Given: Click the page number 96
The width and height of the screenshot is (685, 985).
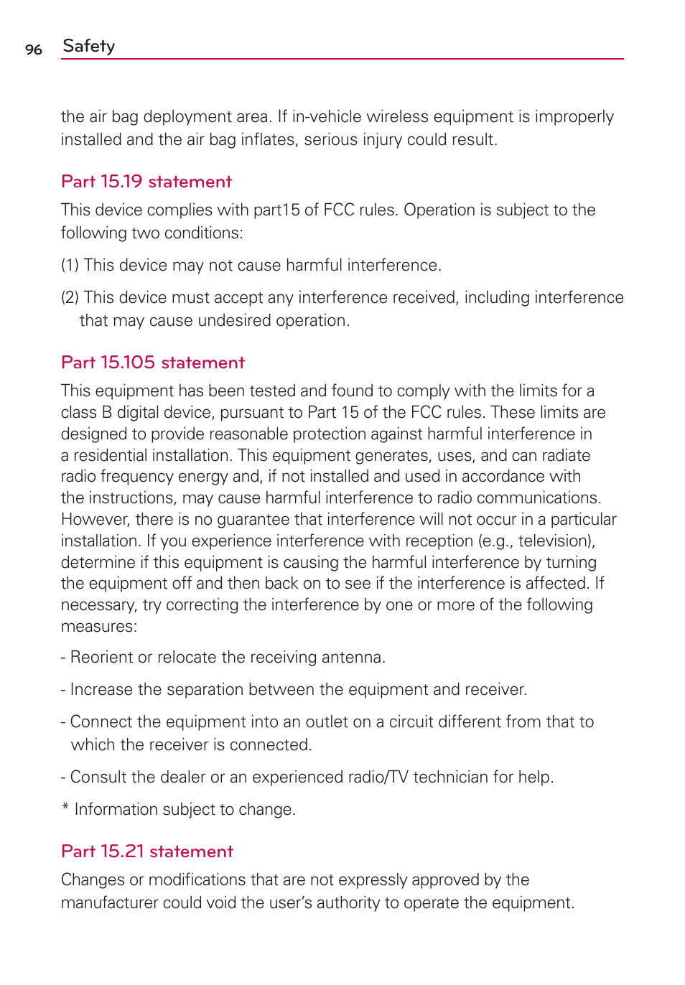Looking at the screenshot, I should coord(33,50).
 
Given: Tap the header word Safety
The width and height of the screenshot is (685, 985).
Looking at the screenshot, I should coord(89,46).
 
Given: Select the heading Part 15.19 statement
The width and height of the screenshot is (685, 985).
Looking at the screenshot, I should coord(146,182).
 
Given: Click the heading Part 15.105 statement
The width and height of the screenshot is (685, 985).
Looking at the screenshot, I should coord(153,363).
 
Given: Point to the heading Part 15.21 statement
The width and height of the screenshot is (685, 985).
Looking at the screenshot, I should coord(147,851).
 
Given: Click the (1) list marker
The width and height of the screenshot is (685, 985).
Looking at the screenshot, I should coord(70,266).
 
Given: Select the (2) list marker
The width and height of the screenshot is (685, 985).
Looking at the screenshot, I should coord(70,298).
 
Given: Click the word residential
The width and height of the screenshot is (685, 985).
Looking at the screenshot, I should coord(115,456).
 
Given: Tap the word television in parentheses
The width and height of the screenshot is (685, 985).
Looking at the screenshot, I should coord(552,541).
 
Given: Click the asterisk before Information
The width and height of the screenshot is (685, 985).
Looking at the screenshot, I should coord(65,808).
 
